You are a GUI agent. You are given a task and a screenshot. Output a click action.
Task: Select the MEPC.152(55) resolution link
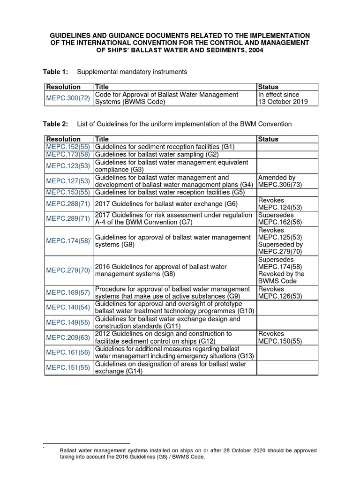point(67,147)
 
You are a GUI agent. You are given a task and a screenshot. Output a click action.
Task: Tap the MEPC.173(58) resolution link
point(67,154)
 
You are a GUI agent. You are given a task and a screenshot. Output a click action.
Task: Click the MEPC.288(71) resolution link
point(67,204)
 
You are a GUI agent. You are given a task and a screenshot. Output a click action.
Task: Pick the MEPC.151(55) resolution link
point(67,367)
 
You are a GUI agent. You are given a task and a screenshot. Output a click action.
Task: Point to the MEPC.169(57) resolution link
point(67,292)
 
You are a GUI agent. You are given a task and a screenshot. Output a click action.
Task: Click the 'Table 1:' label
point(56,72)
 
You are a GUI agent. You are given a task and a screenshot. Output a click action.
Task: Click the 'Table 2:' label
point(56,124)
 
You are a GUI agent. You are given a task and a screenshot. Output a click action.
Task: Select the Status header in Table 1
point(268,87)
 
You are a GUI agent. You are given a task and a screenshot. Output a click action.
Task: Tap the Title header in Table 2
point(102,139)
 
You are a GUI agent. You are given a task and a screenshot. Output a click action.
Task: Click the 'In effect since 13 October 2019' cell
point(283,98)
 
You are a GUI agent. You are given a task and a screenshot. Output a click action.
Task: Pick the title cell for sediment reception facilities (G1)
point(165,147)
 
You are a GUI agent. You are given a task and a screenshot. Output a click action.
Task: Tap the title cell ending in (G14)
point(170,367)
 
